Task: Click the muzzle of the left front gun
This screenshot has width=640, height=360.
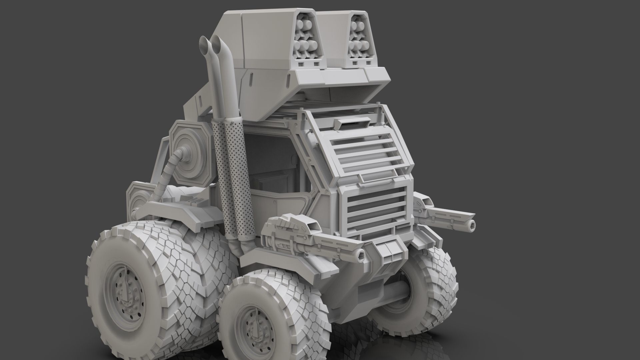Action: point(360,255)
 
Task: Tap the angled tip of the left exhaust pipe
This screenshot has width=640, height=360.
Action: point(203,44)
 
